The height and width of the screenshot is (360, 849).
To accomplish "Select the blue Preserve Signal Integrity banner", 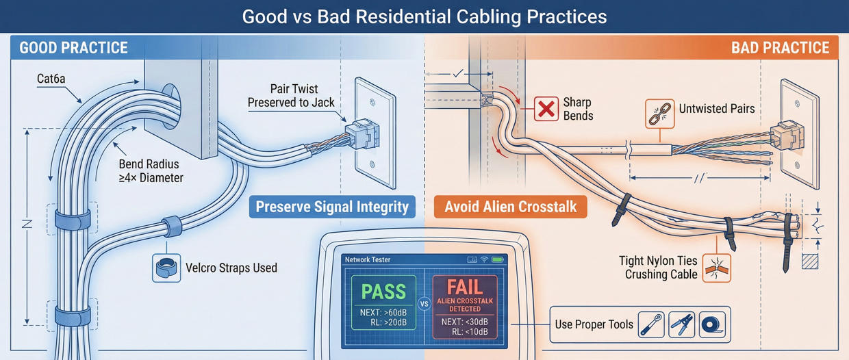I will point(332,206).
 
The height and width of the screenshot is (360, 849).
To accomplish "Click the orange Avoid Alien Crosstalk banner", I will point(510,206).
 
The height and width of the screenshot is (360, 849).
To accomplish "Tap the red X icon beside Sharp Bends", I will point(546,109).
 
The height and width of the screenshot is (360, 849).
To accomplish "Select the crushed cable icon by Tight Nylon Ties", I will point(717,268).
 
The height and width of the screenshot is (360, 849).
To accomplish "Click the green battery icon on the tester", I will point(498,260).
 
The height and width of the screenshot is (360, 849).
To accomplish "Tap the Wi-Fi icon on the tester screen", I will point(485,260).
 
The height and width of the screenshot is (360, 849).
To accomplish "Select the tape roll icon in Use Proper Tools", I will point(712,324).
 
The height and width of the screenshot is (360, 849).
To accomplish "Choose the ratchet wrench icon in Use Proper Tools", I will point(651,324).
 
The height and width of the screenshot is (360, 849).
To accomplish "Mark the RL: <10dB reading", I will point(470,332).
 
